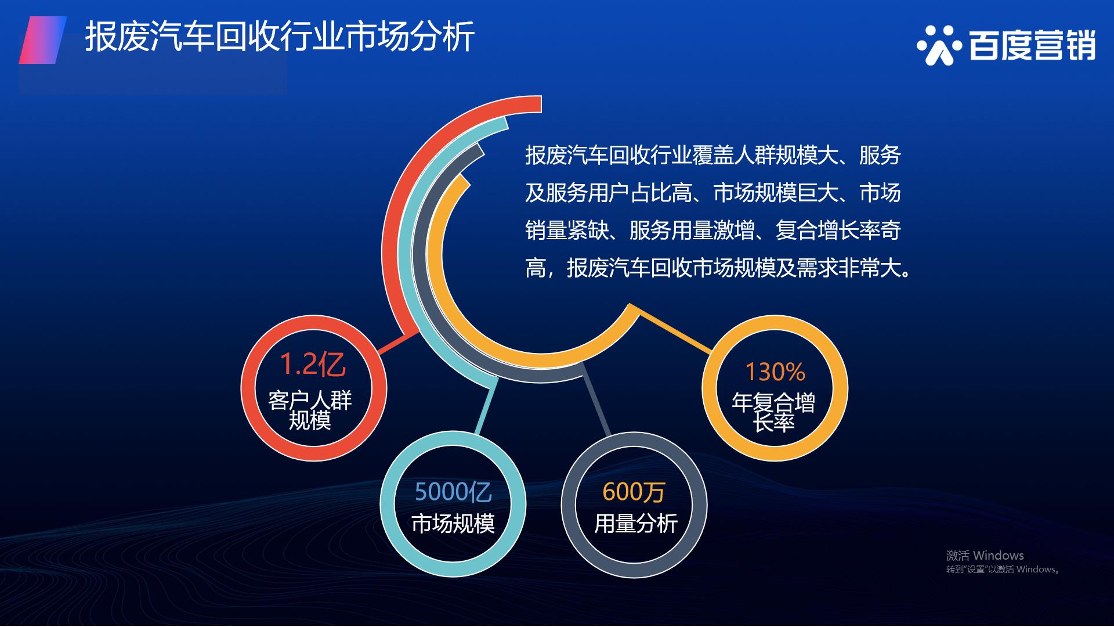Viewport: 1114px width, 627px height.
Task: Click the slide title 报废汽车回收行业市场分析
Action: point(280,37)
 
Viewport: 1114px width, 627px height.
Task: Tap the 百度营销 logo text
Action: point(1032,45)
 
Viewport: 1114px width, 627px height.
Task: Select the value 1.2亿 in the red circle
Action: point(313,365)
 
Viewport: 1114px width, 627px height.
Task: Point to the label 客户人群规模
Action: point(310,410)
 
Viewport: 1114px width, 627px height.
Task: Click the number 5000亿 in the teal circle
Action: point(453,492)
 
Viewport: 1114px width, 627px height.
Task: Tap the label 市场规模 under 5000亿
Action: point(453,524)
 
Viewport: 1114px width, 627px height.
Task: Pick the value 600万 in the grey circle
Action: point(634,492)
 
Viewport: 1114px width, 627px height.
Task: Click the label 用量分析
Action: point(636,524)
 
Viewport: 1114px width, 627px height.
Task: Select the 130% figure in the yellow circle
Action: point(775,372)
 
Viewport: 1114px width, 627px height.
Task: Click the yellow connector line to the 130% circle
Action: point(675,332)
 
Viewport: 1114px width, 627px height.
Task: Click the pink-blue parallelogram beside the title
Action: point(43,40)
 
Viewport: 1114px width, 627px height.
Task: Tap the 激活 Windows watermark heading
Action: point(985,556)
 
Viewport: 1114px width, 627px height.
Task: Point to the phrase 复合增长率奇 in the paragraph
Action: point(838,230)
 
